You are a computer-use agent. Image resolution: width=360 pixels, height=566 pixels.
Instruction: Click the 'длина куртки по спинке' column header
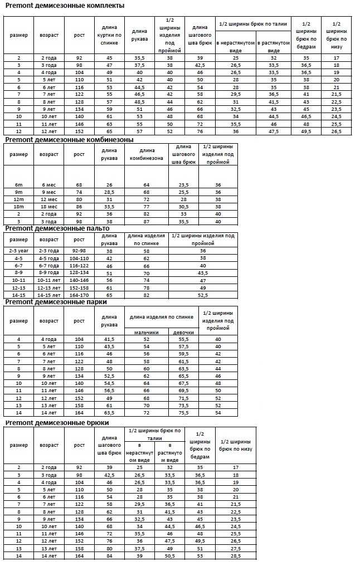[109, 35]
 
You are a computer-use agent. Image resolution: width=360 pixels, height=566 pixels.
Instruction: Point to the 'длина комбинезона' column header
[147, 154]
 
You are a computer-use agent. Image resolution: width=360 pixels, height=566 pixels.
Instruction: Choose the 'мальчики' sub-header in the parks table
[147, 332]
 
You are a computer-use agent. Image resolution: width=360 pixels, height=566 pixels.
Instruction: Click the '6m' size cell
[18, 184]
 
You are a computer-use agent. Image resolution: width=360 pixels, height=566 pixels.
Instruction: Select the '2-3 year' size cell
[18, 251]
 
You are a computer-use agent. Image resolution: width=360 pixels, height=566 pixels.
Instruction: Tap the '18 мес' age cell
[49, 206]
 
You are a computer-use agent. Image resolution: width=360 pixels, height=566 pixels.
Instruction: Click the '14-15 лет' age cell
[49, 295]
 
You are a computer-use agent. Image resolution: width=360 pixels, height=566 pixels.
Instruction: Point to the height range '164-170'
[79, 295]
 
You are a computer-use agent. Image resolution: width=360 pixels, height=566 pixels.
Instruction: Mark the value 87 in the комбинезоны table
[147, 221]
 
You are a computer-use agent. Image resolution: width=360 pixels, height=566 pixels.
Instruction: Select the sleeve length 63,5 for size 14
[109, 413]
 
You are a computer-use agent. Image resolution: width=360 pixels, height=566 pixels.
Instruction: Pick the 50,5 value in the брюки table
[169, 556]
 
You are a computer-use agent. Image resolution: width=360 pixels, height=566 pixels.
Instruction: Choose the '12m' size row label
[18, 199]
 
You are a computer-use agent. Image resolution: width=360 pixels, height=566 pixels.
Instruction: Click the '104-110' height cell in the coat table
[79, 258]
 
